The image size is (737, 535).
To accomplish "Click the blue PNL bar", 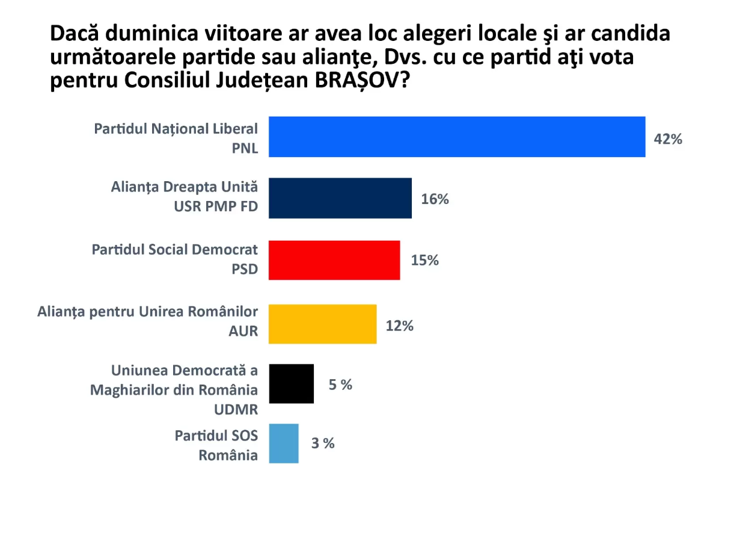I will pyautogui.click(x=457, y=137).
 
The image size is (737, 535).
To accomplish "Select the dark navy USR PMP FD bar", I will pyautogui.click(x=340, y=198).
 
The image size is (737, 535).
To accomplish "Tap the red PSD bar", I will pyautogui.click(x=334, y=260).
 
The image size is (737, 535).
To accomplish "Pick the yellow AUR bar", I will pyautogui.click(x=323, y=324).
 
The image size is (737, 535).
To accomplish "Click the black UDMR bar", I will pyautogui.click(x=292, y=383).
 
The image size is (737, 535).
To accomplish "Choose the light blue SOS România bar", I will pyautogui.click(x=284, y=444).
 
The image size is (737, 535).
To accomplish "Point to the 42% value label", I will pyautogui.click(x=668, y=139).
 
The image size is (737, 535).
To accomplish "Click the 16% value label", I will pyautogui.click(x=435, y=199).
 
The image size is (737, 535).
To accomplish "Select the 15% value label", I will pyautogui.click(x=425, y=261).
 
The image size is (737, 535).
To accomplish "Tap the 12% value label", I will pyautogui.click(x=400, y=326).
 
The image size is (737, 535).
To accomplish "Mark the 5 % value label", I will pyautogui.click(x=340, y=385).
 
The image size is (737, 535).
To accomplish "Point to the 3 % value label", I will pyautogui.click(x=323, y=444).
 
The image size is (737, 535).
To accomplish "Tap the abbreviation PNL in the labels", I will pyautogui.click(x=245, y=148).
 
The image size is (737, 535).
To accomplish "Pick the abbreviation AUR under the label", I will pyautogui.click(x=244, y=332).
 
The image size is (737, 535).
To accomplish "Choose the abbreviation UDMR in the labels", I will pyautogui.click(x=236, y=409).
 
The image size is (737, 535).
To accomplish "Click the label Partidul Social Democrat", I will pyautogui.click(x=174, y=249).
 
